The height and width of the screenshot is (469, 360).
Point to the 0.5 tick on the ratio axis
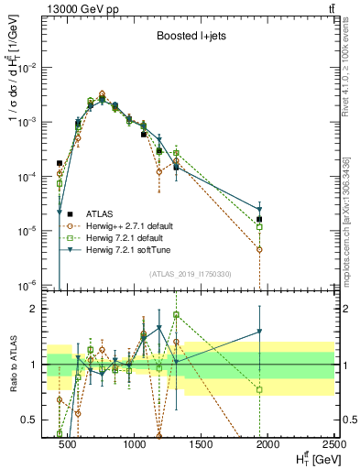coord(30,420)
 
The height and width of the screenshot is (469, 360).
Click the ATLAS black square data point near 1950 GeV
coord(260,219)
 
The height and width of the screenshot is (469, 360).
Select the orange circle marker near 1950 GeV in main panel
coord(260,249)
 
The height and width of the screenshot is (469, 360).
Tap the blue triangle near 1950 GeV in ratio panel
coord(260,332)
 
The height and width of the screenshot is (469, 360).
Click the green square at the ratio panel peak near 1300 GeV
coord(176,315)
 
